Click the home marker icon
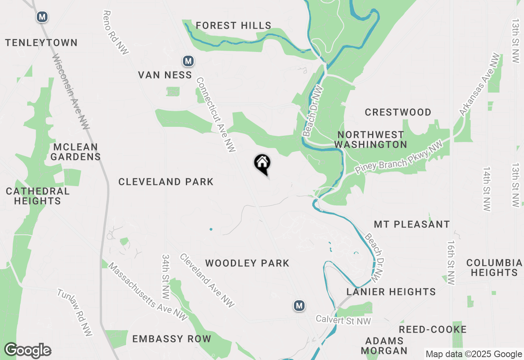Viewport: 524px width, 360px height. [x=262, y=164]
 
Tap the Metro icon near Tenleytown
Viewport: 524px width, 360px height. [x=42, y=17]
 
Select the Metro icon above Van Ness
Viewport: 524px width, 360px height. [x=188, y=61]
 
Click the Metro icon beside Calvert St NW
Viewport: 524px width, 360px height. [x=299, y=306]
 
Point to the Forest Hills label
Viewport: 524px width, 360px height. [x=233, y=26]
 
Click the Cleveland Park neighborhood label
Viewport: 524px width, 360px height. [x=166, y=182]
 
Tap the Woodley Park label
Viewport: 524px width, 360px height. [x=247, y=263]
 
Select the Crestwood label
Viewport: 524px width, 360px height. [x=398, y=112]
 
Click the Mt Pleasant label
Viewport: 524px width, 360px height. [x=412, y=224]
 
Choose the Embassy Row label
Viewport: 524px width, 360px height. [x=172, y=339]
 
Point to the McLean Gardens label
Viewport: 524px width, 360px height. [x=76, y=152]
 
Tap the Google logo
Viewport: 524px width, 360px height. [x=28, y=350]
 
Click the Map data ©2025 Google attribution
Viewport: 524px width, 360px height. [x=473, y=354]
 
